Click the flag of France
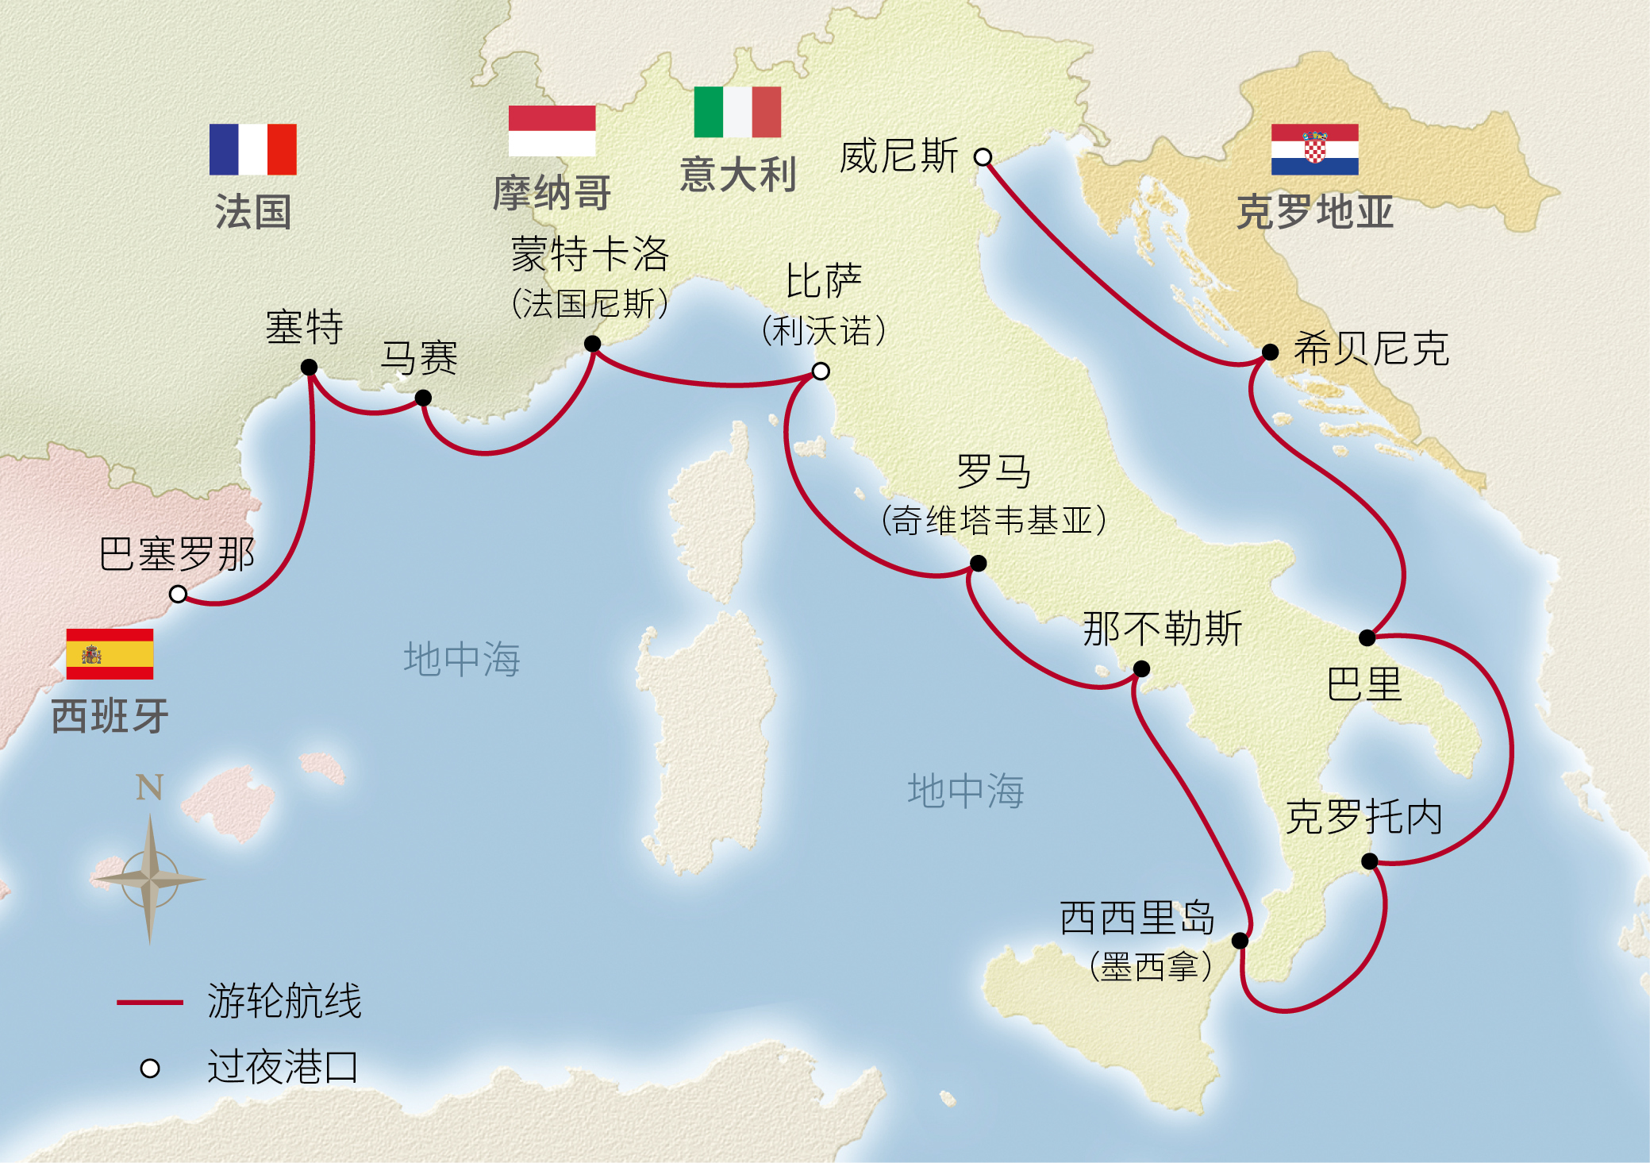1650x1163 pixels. click(x=252, y=149)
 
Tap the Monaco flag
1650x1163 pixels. click(x=552, y=131)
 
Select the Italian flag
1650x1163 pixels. click(x=737, y=112)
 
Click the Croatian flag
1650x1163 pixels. click(x=1314, y=149)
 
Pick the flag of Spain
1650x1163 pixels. click(x=110, y=654)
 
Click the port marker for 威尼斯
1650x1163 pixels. click(x=983, y=157)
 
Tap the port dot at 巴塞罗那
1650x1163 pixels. click(x=179, y=594)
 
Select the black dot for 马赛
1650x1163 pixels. click(x=423, y=398)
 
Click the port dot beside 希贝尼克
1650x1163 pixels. click(x=1270, y=352)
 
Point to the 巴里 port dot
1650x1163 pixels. click(x=1367, y=637)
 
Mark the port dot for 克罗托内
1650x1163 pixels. click(x=1369, y=861)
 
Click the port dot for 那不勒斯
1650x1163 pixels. click(x=1141, y=668)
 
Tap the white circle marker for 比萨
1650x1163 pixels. click(x=821, y=371)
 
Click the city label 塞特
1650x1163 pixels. click(x=304, y=326)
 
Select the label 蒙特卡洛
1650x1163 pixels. click(x=590, y=254)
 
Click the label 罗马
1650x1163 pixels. click(x=994, y=472)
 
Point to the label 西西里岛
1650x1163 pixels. click(x=1137, y=918)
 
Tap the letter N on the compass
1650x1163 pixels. click(x=149, y=788)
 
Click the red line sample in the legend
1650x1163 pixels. click(x=150, y=1003)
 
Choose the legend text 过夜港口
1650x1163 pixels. click(x=283, y=1066)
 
